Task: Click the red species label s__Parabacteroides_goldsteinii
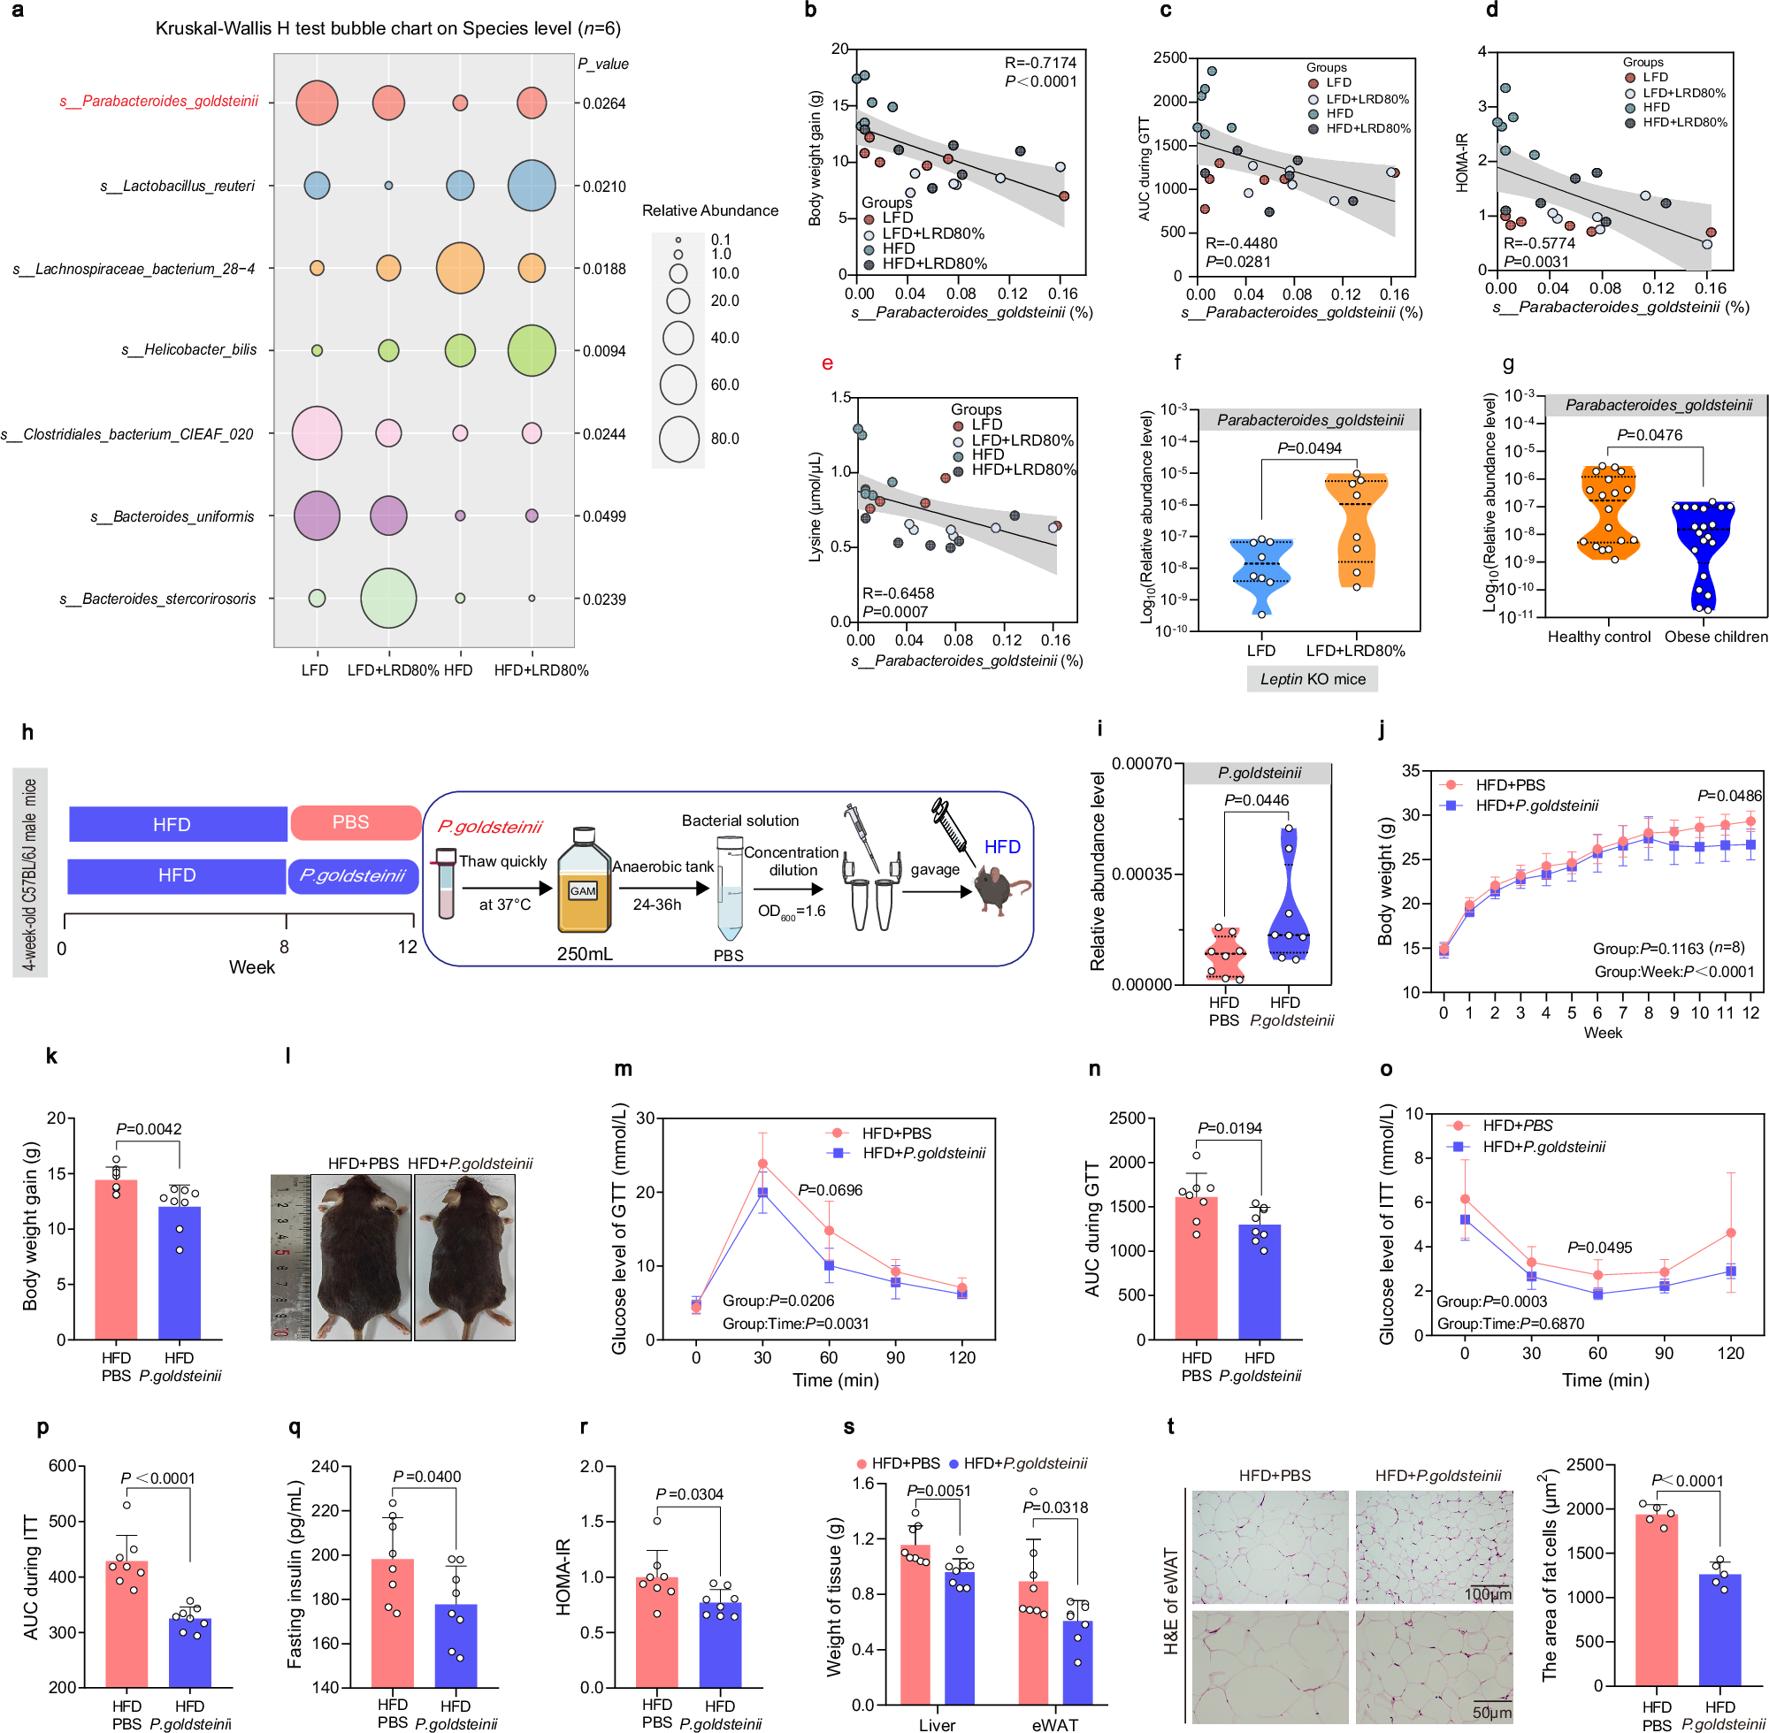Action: [159, 101]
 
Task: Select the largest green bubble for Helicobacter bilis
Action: [532, 350]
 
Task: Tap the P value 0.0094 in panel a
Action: [603, 351]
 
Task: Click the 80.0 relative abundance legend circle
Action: [679, 439]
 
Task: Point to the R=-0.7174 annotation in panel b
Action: [1040, 63]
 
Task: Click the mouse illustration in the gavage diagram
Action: [1001, 889]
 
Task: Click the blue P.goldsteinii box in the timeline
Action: [353, 875]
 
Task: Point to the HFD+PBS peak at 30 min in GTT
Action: [762, 1164]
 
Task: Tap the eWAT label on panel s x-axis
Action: [1054, 1724]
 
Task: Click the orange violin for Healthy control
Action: [1608, 512]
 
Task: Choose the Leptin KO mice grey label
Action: [1312, 679]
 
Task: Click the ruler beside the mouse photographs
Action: [289, 1257]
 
